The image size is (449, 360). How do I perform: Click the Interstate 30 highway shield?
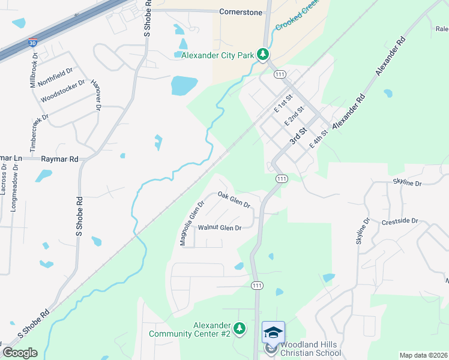[32, 43]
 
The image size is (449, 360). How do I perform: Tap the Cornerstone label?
[240, 11]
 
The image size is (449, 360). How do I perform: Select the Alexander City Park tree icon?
[262, 55]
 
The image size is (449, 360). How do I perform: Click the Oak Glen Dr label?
[234, 199]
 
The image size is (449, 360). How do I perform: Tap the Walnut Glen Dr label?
[220, 228]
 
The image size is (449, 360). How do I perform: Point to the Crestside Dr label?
[399, 221]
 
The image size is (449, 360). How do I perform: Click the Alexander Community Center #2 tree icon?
[240, 328]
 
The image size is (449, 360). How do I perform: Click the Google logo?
[20, 353]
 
